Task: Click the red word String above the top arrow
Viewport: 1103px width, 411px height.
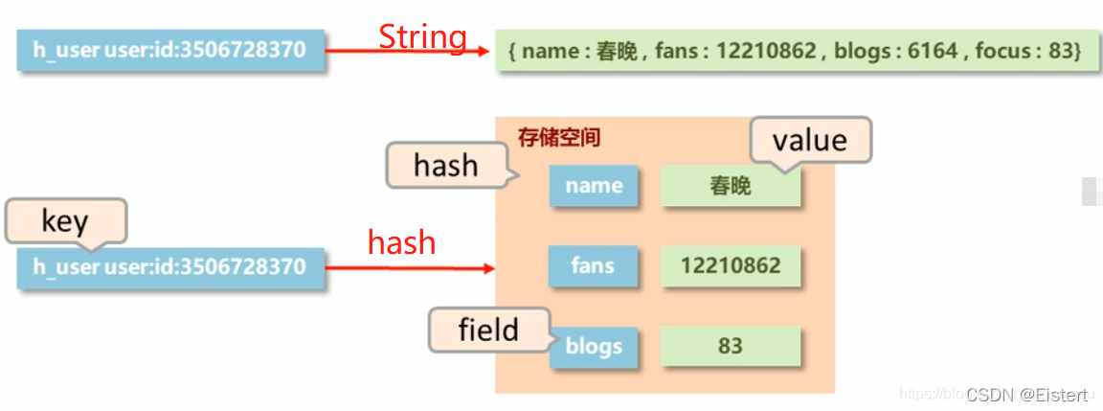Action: (x=422, y=37)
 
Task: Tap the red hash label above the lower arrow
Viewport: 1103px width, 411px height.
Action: (x=401, y=243)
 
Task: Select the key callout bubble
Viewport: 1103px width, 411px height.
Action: (x=65, y=220)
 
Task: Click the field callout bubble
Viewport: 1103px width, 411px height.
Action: (x=488, y=330)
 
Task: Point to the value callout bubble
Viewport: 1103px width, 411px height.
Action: (x=810, y=140)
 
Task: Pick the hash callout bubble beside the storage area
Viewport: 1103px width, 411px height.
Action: (x=445, y=165)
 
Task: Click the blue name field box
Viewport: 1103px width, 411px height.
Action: (x=594, y=186)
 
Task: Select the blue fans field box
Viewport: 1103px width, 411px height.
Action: (x=593, y=265)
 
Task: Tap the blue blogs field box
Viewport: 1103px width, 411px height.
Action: (x=594, y=347)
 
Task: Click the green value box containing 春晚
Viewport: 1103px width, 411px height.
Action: (x=731, y=186)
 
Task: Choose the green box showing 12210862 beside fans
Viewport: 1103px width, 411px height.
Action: (x=731, y=265)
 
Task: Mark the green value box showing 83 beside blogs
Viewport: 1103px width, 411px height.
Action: (x=731, y=346)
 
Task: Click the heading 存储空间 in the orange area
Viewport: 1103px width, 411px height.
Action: (x=559, y=137)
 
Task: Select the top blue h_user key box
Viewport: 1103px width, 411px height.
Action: (x=170, y=51)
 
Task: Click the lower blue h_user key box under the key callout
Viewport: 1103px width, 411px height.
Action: (x=170, y=266)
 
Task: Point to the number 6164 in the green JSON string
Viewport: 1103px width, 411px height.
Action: (x=933, y=51)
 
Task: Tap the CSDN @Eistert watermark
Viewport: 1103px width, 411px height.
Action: (x=1026, y=395)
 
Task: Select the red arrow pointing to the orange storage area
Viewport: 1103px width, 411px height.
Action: (x=409, y=268)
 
